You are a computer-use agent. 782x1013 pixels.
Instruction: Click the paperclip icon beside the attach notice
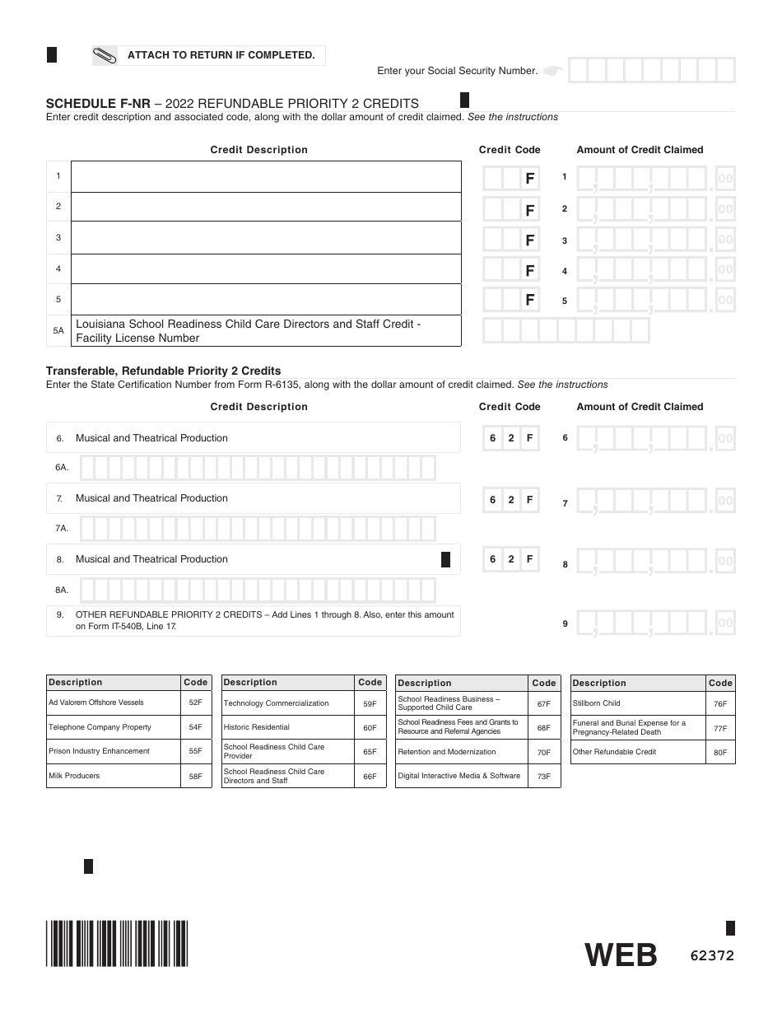[x=106, y=56]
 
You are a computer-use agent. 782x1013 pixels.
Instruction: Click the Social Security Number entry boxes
[x=651, y=71]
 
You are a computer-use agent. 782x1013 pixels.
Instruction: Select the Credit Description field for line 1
[x=266, y=176]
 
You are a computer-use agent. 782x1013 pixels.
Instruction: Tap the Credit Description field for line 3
[x=266, y=238]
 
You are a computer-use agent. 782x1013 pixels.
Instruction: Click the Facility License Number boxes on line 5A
[x=566, y=330]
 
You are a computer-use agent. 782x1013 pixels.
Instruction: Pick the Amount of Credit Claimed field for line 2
[x=655, y=209]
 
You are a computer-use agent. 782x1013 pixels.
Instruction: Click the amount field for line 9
[x=655, y=623]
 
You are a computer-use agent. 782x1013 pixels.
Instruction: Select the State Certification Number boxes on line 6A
[x=258, y=468]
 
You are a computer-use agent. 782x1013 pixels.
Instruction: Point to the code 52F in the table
[x=195, y=703]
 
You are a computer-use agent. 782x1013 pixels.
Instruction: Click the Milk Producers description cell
[x=114, y=776]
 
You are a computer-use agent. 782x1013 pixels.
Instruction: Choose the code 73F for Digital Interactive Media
[x=544, y=777]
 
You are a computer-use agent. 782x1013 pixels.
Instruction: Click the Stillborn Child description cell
[x=637, y=703]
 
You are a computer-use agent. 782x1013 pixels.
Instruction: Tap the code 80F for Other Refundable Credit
[x=720, y=753]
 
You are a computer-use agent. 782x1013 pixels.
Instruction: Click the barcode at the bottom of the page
[x=117, y=942]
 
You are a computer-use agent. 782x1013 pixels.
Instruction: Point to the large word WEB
[x=621, y=955]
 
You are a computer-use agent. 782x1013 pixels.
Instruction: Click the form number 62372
[x=712, y=956]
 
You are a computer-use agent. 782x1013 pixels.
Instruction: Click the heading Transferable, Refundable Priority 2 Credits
[x=163, y=371]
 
